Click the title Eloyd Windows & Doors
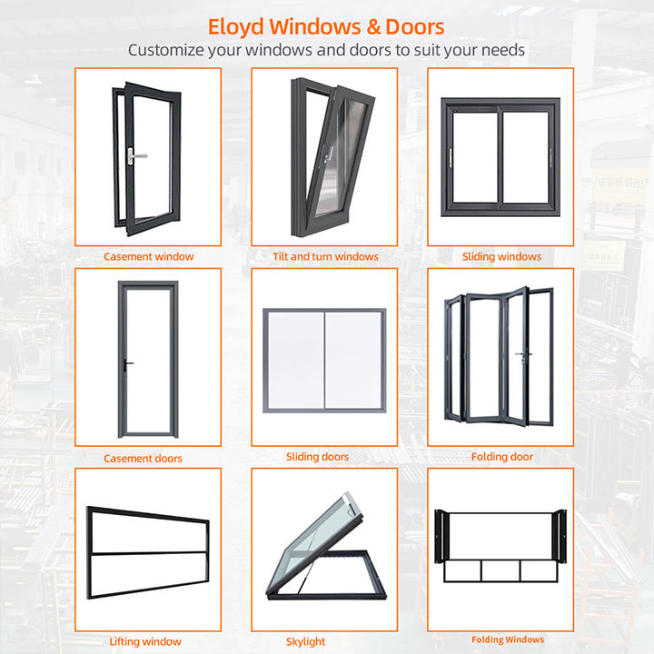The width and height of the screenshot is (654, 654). (x=326, y=25)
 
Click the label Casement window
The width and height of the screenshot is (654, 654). (x=148, y=257)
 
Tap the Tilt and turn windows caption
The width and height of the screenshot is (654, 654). (x=325, y=257)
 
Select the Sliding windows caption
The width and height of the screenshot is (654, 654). (x=501, y=257)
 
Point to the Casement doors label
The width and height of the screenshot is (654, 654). (x=143, y=459)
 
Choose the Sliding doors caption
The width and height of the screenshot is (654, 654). (x=317, y=457)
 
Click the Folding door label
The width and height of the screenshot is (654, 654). (x=502, y=457)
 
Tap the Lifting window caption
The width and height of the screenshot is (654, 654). (x=145, y=642)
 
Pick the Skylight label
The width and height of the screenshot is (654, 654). (x=305, y=642)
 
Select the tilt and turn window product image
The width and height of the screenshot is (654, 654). (x=328, y=156)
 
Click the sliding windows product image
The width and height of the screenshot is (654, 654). (x=500, y=156)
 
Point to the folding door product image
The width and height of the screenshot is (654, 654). (x=500, y=356)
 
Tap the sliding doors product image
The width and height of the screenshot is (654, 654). (x=324, y=359)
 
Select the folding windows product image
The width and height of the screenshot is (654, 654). (x=500, y=545)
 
